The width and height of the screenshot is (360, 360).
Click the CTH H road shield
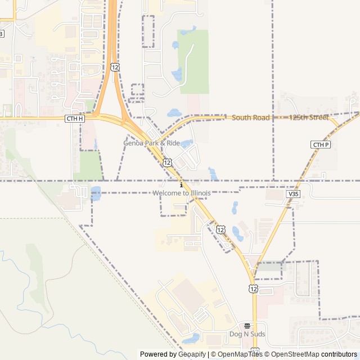(x=74, y=118)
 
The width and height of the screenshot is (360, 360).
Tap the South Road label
(x=250, y=118)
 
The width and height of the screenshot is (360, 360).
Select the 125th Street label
(x=308, y=118)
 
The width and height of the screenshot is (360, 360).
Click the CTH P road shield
(x=320, y=145)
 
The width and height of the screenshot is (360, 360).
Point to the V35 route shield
(x=292, y=193)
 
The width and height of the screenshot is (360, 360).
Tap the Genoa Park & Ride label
(x=152, y=143)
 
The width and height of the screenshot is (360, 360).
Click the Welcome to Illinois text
(x=182, y=193)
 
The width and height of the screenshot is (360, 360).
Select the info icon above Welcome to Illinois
(x=181, y=185)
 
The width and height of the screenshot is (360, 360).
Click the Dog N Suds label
(x=247, y=334)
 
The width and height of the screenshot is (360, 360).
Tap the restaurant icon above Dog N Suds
(x=247, y=326)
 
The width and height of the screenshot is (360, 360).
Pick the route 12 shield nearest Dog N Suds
(x=254, y=288)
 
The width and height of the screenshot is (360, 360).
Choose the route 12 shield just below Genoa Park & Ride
(x=167, y=162)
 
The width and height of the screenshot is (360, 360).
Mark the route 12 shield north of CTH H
(x=115, y=67)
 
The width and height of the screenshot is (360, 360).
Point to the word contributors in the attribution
(x=339, y=354)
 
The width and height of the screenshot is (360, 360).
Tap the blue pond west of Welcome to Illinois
(x=96, y=193)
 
